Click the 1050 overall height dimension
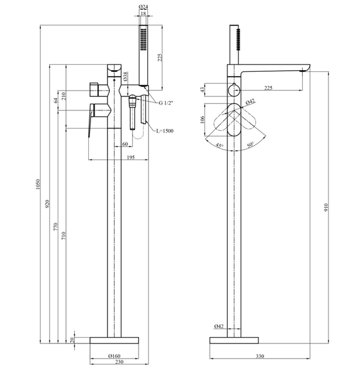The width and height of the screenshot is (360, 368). click(38, 184)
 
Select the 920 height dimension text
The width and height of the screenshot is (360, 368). click(47, 204)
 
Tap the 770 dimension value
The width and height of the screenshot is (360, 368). click(56, 227)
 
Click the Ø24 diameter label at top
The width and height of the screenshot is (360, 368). click(143, 7)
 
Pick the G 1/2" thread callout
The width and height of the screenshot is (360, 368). click(166, 103)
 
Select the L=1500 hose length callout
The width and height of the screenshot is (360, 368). click(165, 131)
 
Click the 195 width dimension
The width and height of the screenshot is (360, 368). click(130, 157)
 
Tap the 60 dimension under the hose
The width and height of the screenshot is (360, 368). click(125, 144)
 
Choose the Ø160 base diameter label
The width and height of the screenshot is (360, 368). click(115, 356)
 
